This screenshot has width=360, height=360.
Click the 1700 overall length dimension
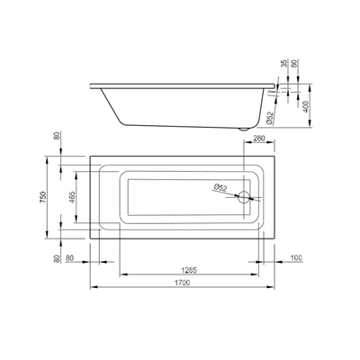pyautogui.click(x=184, y=283)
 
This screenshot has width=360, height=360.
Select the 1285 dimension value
pyautogui.click(x=189, y=270)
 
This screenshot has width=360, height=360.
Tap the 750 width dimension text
pyautogui.click(x=42, y=197)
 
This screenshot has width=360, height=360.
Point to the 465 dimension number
pyautogui.click(x=72, y=197)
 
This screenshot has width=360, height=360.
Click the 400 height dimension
pyautogui.click(x=305, y=106)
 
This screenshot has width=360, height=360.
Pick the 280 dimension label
pyautogui.click(x=259, y=139)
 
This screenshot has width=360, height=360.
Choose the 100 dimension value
pyautogui.click(x=296, y=257)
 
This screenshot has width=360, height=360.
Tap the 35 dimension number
pyautogui.click(x=284, y=63)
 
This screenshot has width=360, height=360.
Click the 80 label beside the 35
pyautogui.click(x=294, y=63)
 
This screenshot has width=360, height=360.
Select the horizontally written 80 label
pyautogui.click(x=69, y=257)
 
